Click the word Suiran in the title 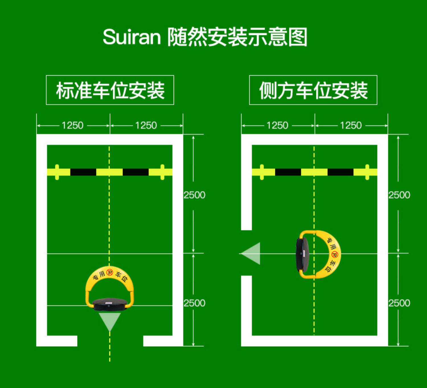coord(132,37)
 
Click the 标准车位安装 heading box coord(110,90)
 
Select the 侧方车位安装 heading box coord(313,90)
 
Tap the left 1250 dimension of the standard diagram coord(73,125)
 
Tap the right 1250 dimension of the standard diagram coord(146,125)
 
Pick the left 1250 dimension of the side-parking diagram coord(278,125)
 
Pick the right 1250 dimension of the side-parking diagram coord(351,125)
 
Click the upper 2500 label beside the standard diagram coord(194,195)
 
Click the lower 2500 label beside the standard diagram coord(194,303)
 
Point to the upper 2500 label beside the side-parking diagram coord(399,195)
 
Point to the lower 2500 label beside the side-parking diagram coord(399,303)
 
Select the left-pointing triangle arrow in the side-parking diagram coord(252,253)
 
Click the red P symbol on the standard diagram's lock coord(110,272)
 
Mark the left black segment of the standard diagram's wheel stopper coord(83,172)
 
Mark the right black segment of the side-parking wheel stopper coord(340,172)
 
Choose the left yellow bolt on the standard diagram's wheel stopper coord(57,172)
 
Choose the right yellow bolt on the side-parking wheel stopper coord(367,172)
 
